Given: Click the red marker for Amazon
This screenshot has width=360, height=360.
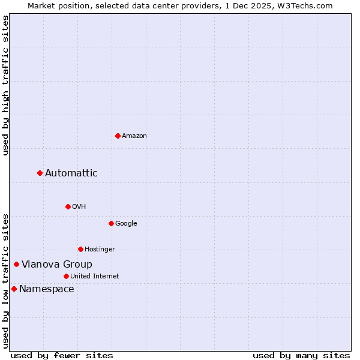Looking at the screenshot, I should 118,136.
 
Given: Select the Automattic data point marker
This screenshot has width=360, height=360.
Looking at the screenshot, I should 40,173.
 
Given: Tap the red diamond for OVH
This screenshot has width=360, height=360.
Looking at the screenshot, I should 68,206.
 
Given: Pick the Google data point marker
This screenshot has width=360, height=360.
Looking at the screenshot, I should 111,223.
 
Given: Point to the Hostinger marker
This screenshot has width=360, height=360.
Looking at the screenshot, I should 80,249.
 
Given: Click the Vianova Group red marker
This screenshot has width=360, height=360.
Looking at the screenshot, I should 17,264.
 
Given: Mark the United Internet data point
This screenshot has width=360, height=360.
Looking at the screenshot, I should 66,276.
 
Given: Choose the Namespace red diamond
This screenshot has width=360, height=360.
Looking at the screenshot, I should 14,289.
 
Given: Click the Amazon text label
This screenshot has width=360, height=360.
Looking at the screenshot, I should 134,136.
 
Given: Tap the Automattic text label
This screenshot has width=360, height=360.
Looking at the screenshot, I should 71,173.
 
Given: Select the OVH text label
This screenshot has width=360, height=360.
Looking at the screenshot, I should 79,206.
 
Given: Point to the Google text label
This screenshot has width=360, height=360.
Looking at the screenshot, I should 126,223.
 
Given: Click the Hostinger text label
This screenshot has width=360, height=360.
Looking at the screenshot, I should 100,249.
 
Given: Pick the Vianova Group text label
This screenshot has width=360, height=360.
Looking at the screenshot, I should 57,264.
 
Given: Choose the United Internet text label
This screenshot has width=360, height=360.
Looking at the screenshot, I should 94,276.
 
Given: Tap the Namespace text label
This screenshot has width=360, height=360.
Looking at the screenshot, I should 47,289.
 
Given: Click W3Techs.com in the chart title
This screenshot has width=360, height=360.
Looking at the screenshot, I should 310,5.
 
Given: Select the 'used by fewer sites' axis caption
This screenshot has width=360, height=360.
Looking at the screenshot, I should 62,355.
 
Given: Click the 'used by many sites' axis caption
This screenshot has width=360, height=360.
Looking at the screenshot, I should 301,355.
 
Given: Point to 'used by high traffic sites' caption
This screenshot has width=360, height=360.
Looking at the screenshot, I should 5,85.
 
